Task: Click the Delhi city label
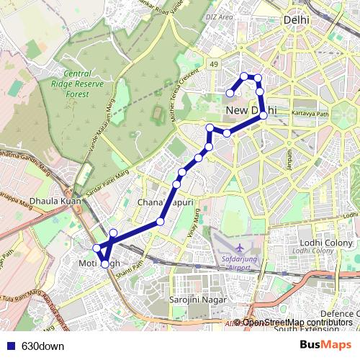click(x=296, y=21)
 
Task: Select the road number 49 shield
click(x=214, y=65)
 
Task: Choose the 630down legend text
click(x=42, y=346)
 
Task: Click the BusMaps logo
click(x=325, y=345)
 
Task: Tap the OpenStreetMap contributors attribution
click(x=297, y=323)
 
